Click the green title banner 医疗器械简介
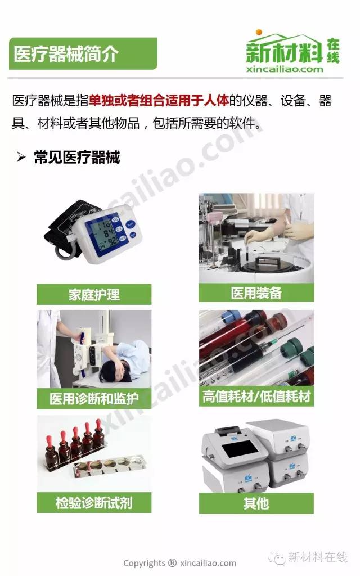[x=83, y=53]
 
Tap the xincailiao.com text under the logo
[x=285, y=69]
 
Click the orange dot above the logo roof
[x=259, y=32]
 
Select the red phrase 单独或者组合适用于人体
[x=159, y=100]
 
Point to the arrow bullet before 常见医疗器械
[x=21, y=157]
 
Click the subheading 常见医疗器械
[x=77, y=157]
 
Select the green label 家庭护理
[x=94, y=294]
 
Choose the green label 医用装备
[x=256, y=292]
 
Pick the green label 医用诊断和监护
[x=94, y=399]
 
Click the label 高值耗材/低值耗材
[x=256, y=397]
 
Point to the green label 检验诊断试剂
[x=94, y=502]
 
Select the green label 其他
[x=256, y=503]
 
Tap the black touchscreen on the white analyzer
[x=241, y=449]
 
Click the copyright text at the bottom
[x=179, y=563]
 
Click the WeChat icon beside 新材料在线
[x=276, y=557]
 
